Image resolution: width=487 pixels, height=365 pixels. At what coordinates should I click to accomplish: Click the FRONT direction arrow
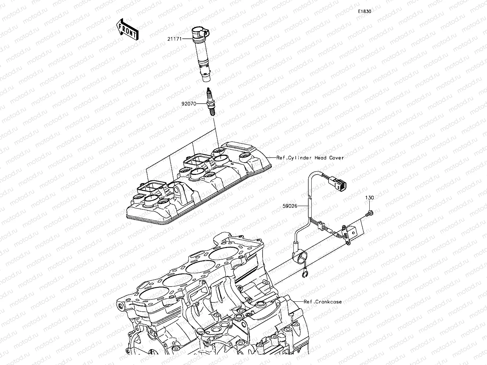(x=127, y=29)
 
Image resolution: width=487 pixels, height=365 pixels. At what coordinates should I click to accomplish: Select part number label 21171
(x=175, y=39)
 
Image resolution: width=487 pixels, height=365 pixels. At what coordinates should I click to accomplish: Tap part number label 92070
(x=189, y=104)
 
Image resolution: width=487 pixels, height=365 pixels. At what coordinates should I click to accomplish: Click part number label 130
(x=370, y=198)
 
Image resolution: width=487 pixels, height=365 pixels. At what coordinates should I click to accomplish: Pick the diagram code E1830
(x=364, y=11)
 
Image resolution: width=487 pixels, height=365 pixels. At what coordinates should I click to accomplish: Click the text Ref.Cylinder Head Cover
(x=310, y=158)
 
